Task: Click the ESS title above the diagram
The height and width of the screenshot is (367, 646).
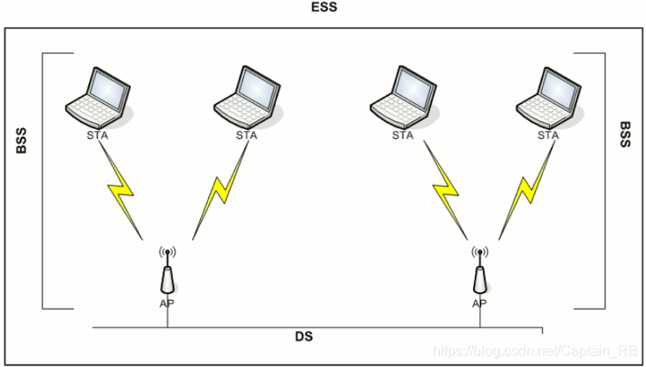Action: [x=323, y=7]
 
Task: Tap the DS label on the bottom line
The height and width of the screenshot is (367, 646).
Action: [x=304, y=337]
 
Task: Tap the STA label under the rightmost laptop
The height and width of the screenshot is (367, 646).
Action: [x=547, y=136]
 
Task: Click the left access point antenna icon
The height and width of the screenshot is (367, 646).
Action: [x=167, y=272]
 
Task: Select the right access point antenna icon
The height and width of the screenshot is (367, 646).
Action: [x=479, y=272]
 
